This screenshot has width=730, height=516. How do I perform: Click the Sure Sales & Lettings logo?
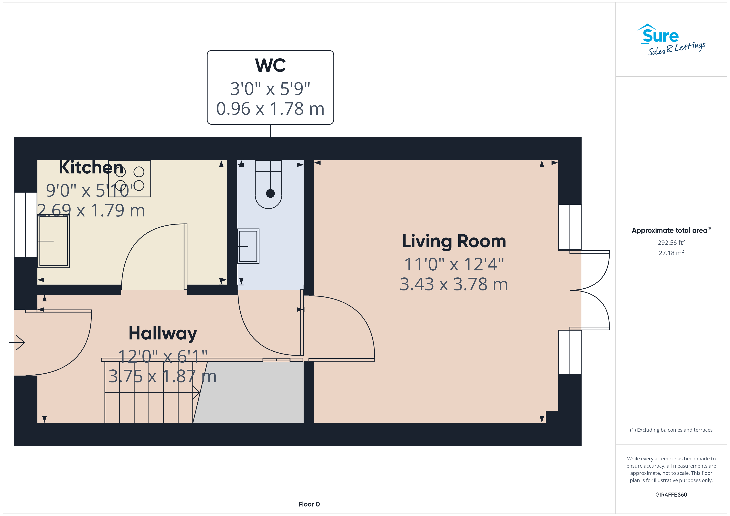(x=671, y=40)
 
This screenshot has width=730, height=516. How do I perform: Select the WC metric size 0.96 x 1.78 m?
(x=270, y=109)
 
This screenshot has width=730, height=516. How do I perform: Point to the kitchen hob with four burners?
(x=130, y=179)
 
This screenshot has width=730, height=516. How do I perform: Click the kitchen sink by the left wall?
(x=53, y=241)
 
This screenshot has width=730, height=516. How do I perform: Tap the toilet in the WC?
(x=268, y=184)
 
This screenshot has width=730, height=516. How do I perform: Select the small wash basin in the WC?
(x=248, y=246)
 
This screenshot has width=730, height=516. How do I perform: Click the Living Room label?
(x=454, y=241)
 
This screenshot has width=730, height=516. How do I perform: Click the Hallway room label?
(x=163, y=334)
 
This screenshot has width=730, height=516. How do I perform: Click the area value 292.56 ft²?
(x=671, y=242)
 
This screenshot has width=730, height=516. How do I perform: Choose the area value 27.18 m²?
(x=671, y=253)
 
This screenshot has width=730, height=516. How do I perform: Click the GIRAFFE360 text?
(x=671, y=495)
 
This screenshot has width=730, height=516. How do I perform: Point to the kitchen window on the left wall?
(x=26, y=225)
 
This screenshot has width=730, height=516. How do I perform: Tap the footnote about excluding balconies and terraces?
(x=671, y=430)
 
